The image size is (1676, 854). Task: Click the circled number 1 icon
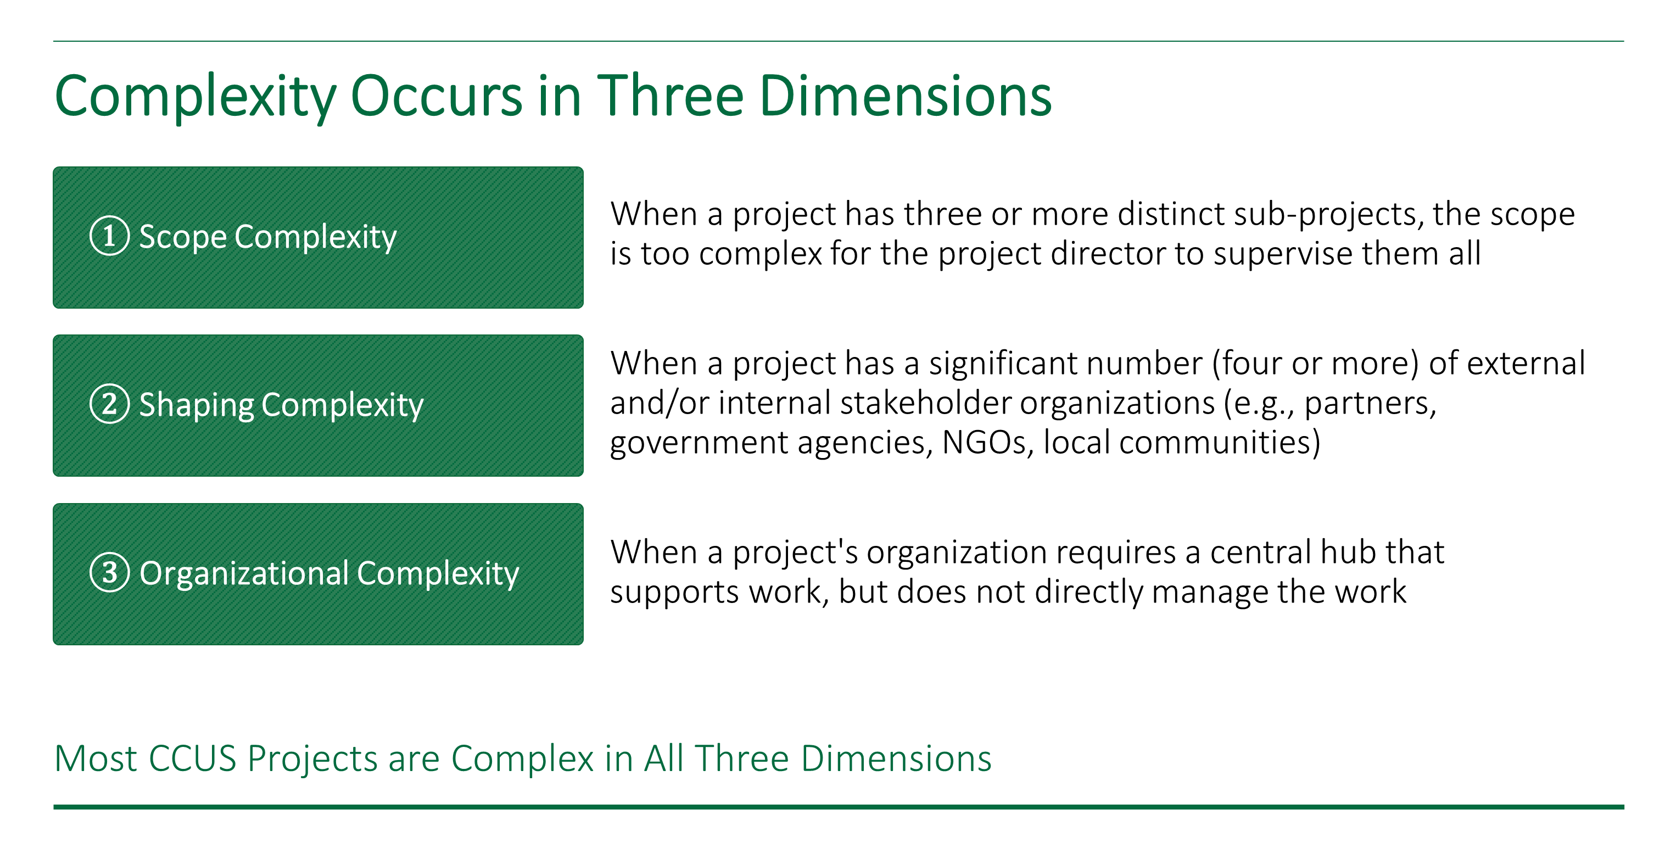[109, 236]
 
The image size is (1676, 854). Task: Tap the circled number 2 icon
[109, 404]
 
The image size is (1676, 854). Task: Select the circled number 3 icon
[109, 572]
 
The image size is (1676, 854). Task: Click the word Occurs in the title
[436, 96]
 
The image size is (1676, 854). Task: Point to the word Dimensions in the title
[905, 96]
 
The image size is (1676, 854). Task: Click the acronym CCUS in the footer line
[192, 759]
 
